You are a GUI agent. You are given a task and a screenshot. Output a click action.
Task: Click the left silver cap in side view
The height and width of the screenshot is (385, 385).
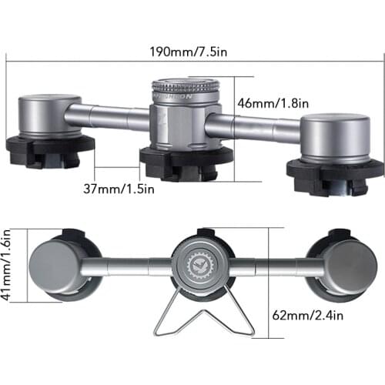49,116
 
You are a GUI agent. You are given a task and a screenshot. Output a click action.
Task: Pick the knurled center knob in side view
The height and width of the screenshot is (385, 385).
184,91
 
